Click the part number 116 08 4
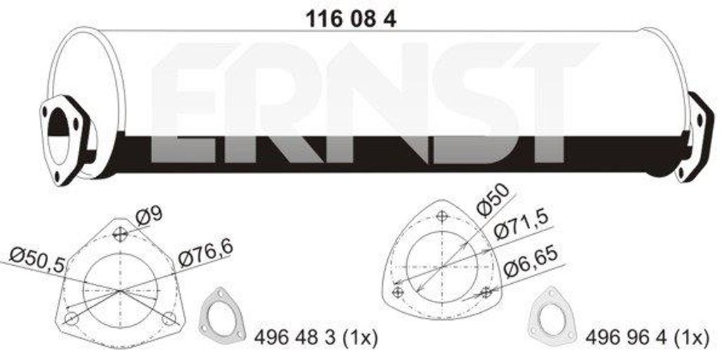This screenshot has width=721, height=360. click(x=349, y=20)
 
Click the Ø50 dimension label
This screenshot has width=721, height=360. click(x=492, y=198)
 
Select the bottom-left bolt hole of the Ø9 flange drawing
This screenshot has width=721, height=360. click(x=70, y=318)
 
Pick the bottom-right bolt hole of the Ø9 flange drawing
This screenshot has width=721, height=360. click(x=168, y=318)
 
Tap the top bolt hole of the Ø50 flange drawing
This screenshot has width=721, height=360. click(x=441, y=217)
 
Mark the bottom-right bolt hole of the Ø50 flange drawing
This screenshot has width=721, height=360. click(x=484, y=291)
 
